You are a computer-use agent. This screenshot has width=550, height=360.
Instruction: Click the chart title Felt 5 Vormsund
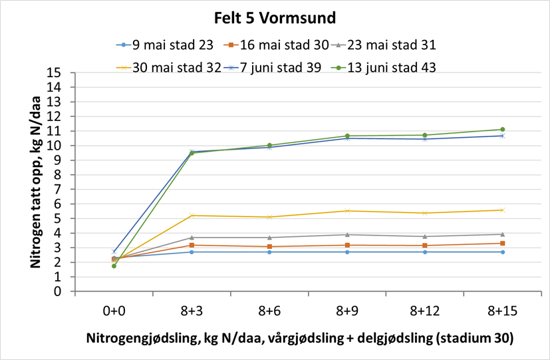point(275,16)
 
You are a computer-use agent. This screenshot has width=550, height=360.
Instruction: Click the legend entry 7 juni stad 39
point(284,67)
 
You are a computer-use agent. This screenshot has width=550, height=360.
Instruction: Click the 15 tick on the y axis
point(64,73)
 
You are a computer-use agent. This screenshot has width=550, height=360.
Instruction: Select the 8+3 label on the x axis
point(192,310)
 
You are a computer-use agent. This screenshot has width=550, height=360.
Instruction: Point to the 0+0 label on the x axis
point(114,310)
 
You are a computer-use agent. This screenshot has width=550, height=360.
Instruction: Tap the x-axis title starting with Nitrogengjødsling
point(299,338)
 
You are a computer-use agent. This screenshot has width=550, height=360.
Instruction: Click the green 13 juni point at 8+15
point(502,130)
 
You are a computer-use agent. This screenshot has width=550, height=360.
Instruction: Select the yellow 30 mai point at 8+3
point(192,216)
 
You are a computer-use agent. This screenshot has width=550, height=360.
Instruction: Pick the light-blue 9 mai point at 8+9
point(347,252)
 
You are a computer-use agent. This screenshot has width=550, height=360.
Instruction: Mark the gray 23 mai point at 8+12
point(424,236)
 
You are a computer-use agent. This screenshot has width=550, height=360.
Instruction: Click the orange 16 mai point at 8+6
point(269,246)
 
